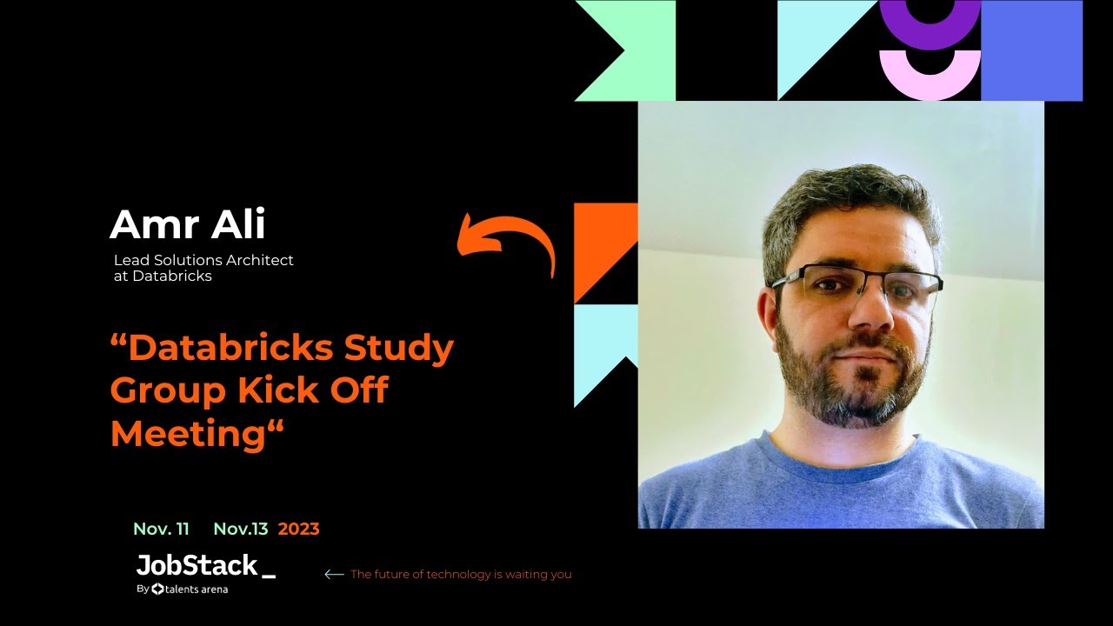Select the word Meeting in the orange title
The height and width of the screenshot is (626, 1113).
click(x=187, y=432)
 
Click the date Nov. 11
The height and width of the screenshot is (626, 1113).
click(x=161, y=529)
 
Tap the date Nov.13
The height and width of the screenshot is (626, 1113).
click(x=241, y=529)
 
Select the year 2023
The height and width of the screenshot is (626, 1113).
click(x=299, y=529)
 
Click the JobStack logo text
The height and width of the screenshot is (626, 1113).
click(x=197, y=566)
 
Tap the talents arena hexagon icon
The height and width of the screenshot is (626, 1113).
click(x=157, y=589)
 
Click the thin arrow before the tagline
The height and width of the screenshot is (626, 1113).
click(x=334, y=574)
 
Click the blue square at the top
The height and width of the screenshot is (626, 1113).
click(x=1031, y=50)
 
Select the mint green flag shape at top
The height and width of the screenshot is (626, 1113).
click(x=639, y=50)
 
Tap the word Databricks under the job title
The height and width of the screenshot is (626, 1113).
click(x=172, y=276)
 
